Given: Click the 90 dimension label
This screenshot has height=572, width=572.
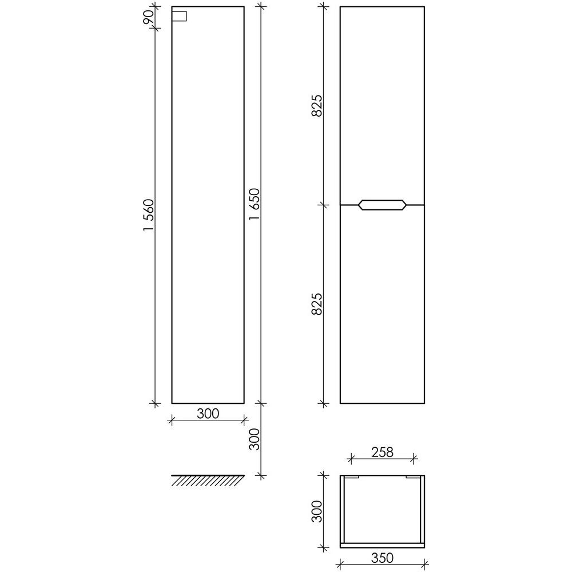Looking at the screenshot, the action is point(149,18).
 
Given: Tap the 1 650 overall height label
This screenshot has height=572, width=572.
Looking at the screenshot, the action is point(254,204).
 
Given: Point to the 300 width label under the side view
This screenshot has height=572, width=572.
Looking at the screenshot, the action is point(208,414).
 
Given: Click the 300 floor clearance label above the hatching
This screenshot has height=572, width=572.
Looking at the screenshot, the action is point(254,439).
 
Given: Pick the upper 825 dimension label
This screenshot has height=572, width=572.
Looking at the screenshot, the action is point(317,105).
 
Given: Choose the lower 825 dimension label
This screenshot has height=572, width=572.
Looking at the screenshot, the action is point(317,304).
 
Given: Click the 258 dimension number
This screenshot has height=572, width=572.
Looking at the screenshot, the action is point(382,452).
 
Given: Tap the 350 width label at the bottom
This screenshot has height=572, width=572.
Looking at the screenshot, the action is point(382,558).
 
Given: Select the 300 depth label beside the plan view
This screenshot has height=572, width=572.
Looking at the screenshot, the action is point(317,511).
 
